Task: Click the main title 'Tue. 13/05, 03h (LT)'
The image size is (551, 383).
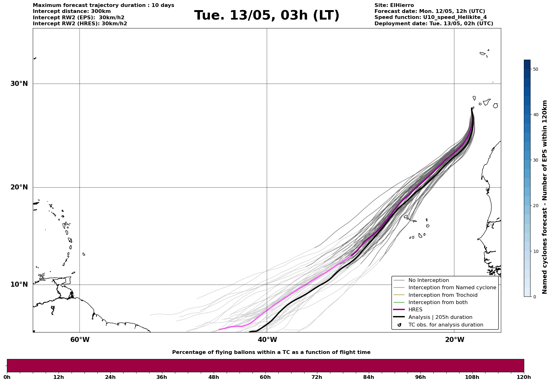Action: coord(267,15)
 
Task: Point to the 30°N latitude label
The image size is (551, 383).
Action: coord(19,84)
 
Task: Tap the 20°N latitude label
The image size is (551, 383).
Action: coord(19,187)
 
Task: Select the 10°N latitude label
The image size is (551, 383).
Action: coord(19,284)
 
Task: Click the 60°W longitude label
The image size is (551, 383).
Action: coord(80,340)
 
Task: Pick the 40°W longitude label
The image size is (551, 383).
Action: coord(267,340)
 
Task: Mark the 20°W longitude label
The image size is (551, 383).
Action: coord(454,340)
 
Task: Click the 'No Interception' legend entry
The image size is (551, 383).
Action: coord(428,280)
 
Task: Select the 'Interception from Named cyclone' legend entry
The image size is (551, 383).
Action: coord(452,288)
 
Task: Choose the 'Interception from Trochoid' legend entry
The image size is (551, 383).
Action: coord(443,295)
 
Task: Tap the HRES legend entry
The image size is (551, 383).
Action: coord(415,310)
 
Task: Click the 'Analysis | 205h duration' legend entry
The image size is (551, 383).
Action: coord(440,317)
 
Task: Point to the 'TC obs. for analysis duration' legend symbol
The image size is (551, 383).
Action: coord(399,325)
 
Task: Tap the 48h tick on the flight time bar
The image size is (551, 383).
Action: coord(213,377)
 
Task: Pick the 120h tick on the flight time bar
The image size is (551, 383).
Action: coord(524,377)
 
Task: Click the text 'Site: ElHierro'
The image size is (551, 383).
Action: coord(394,5)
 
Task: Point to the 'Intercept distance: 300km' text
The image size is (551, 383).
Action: coord(72,11)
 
